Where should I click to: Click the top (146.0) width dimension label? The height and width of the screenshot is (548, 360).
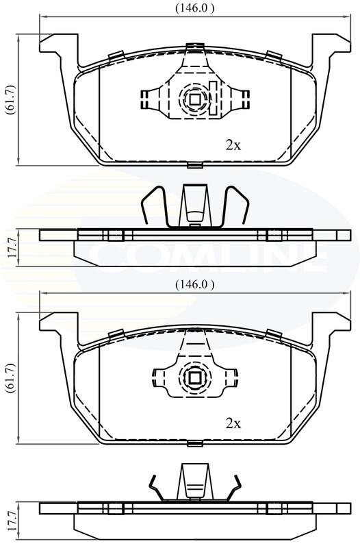click(195, 8)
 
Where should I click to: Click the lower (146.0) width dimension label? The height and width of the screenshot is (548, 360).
click(195, 284)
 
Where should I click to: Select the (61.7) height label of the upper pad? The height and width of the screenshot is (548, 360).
click(10, 99)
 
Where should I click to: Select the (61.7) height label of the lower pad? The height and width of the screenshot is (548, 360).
click(10, 378)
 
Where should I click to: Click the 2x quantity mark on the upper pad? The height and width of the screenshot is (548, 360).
click(233, 145)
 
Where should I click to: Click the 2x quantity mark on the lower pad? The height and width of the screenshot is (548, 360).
click(233, 423)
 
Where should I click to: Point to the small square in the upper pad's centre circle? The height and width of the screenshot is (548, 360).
click(194, 99)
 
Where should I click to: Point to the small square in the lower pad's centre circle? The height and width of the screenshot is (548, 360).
click(194, 378)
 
